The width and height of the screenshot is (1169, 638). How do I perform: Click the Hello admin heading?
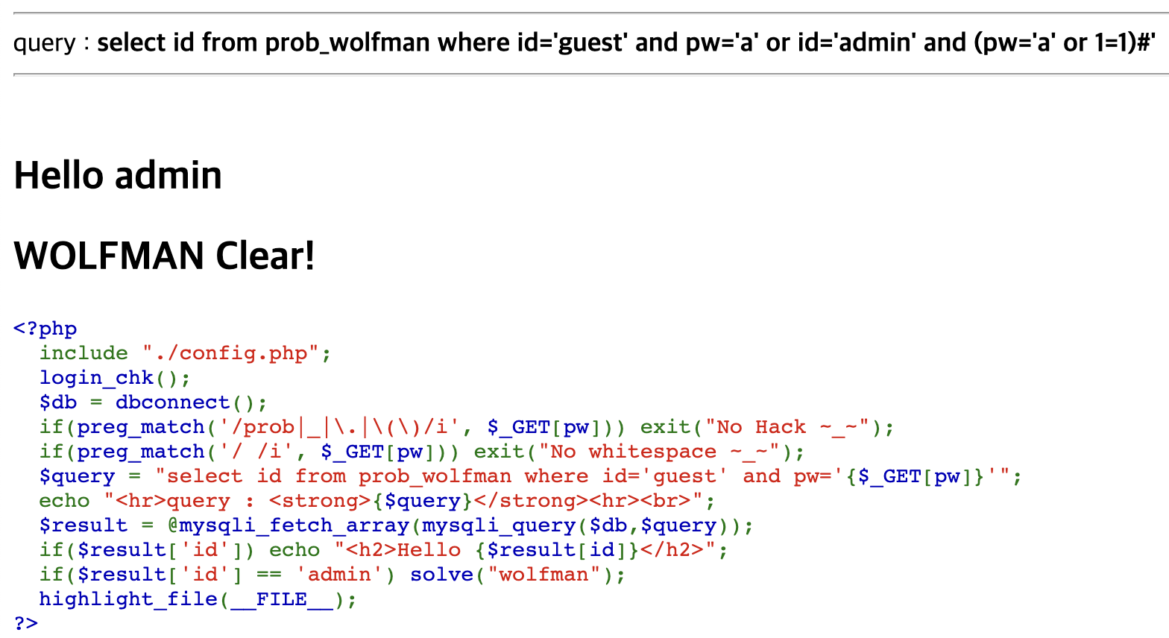click(118, 176)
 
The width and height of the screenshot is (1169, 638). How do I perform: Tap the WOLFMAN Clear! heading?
click(164, 256)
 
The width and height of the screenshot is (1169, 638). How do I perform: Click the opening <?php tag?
click(45, 329)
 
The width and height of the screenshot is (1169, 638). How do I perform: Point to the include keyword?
click(83, 353)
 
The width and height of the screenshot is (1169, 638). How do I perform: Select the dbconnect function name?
click(172, 402)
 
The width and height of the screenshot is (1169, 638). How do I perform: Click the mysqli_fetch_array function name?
click(294, 525)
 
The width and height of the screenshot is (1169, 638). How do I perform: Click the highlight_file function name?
click(128, 599)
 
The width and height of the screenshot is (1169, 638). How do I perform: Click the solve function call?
click(441, 575)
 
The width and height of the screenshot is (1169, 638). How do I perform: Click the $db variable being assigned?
click(58, 402)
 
